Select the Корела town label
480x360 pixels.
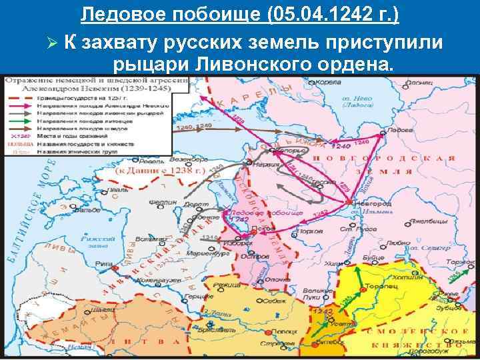tap(322, 83)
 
